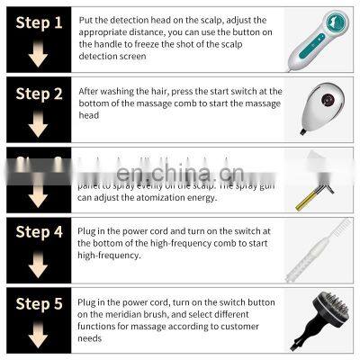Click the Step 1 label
[39, 21]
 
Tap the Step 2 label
[39, 92]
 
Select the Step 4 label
[39, 233]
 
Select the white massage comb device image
[319, 107]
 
